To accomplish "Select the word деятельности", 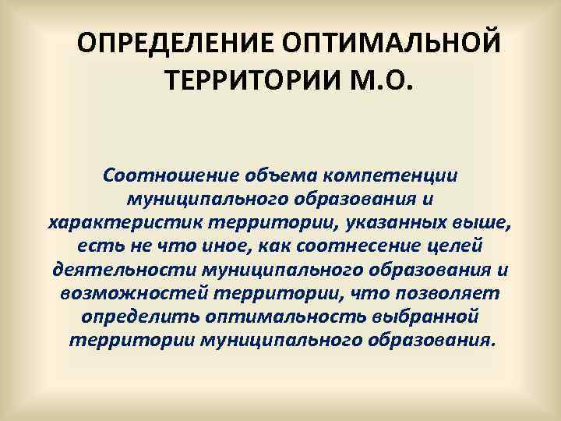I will (x=125, y=271).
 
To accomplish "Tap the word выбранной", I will (x=427, y=319).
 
